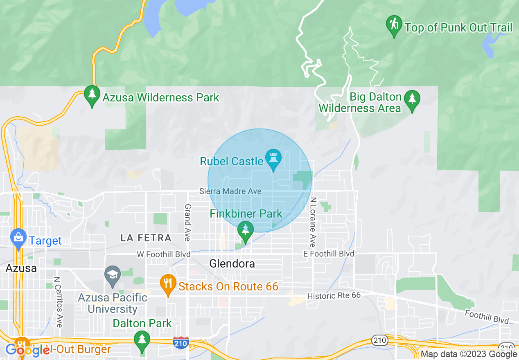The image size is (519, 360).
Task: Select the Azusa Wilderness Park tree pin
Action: click(x=92, y=95)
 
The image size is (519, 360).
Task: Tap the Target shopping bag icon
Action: click(x=18, y=239)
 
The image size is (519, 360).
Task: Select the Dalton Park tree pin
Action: click(x=142, y=341)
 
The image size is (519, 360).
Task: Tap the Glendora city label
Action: click(x=232, y=264)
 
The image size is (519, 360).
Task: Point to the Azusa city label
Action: click(x=21, y=268)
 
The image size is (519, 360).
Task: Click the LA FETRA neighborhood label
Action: click(x=146, y=238)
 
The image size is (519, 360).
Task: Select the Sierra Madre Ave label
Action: click(x=230, y=191)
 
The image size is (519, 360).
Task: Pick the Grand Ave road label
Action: click(x=188, y=222)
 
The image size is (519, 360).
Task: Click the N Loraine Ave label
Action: click(x=313, y=223)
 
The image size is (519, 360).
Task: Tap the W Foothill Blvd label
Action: click(x=163, y=254)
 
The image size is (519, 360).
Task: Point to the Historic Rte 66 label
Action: click(x=334, y=295)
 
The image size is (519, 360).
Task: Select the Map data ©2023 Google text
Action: click(x=469, y=354)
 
